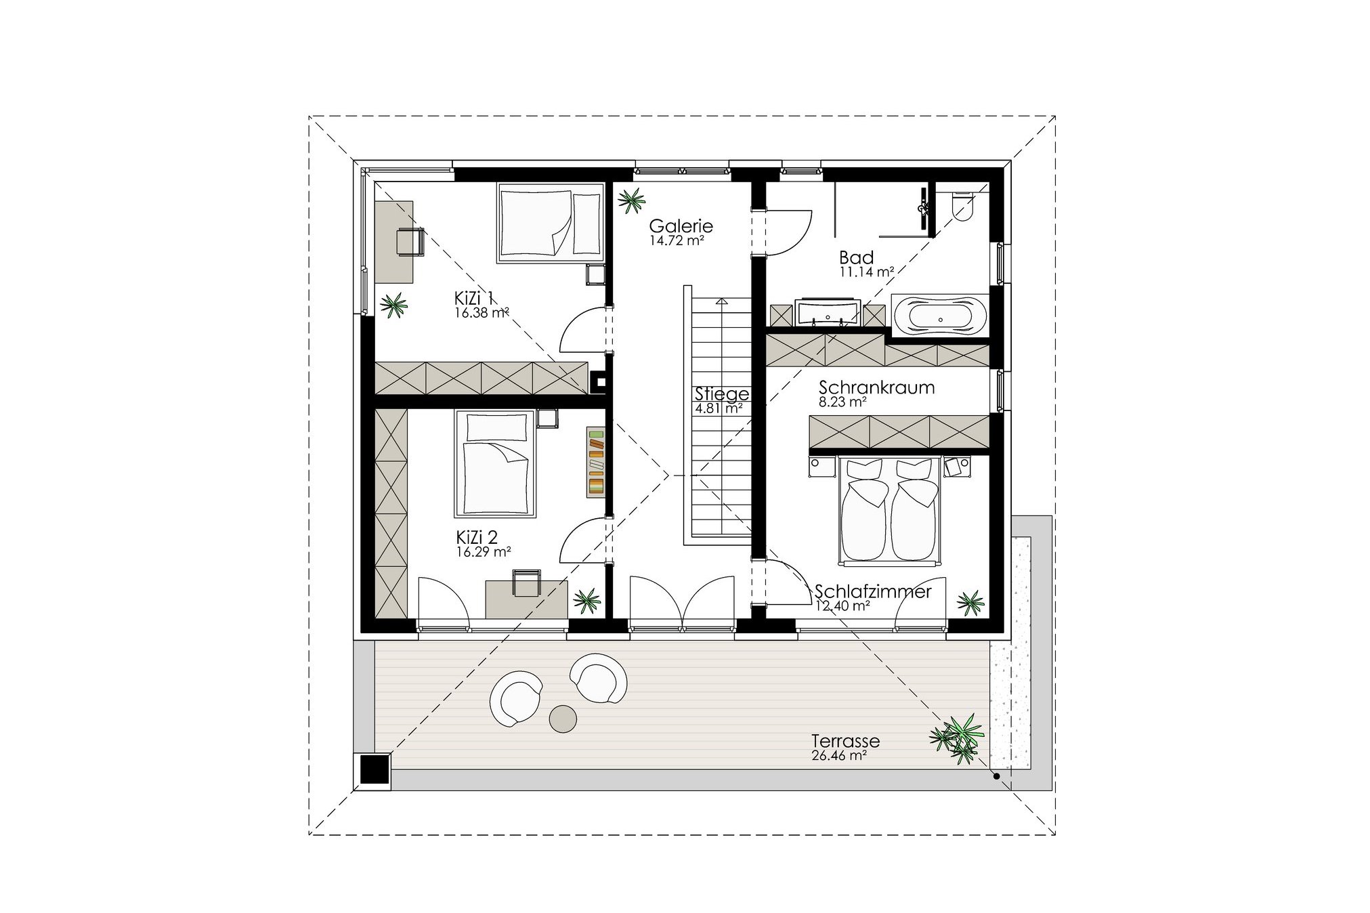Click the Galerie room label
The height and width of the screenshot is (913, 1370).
681,226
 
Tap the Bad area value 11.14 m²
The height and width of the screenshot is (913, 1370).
866,272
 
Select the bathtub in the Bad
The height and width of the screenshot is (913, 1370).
940,316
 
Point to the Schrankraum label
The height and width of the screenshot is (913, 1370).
876,388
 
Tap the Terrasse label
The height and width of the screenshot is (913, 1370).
845,741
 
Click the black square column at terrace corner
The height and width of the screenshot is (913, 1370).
373,770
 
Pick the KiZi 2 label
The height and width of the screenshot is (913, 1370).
477,538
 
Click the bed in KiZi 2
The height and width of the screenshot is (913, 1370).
495,464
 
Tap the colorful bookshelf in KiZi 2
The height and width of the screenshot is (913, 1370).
596,461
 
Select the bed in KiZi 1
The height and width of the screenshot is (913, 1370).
550,222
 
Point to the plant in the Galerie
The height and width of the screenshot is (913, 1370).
631,200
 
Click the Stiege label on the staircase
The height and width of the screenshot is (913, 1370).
722,394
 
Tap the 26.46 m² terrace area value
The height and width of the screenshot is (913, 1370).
838,756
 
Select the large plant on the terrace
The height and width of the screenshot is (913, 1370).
956,739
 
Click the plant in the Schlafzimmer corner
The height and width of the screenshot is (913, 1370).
970,602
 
